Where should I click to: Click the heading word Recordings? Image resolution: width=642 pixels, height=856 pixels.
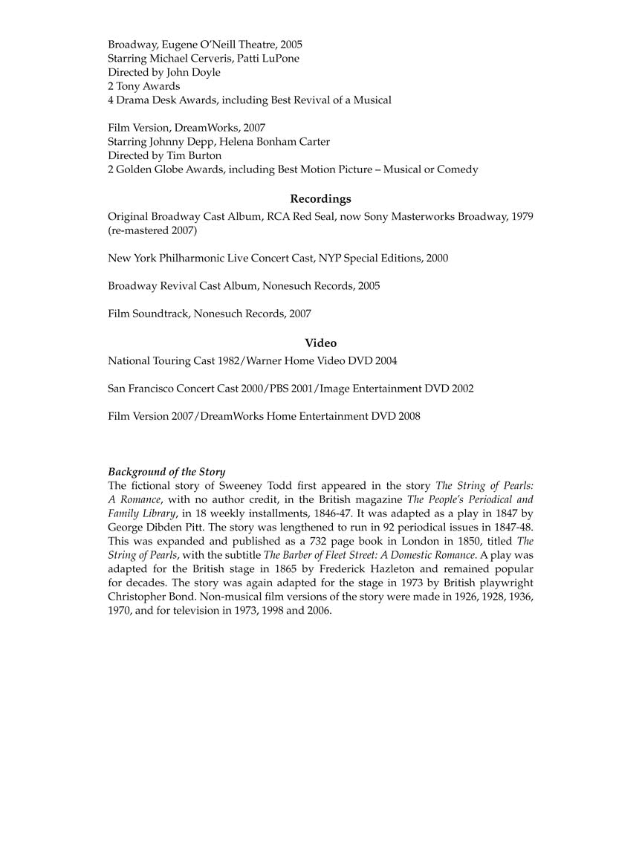click(320, 199)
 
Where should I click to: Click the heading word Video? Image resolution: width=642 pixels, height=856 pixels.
click(320, 343)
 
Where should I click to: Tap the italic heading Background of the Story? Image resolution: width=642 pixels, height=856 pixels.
click(166, 472)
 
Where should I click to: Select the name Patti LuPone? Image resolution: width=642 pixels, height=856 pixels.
click(271, 58)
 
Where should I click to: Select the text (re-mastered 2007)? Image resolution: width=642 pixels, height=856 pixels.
click(152, 230)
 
